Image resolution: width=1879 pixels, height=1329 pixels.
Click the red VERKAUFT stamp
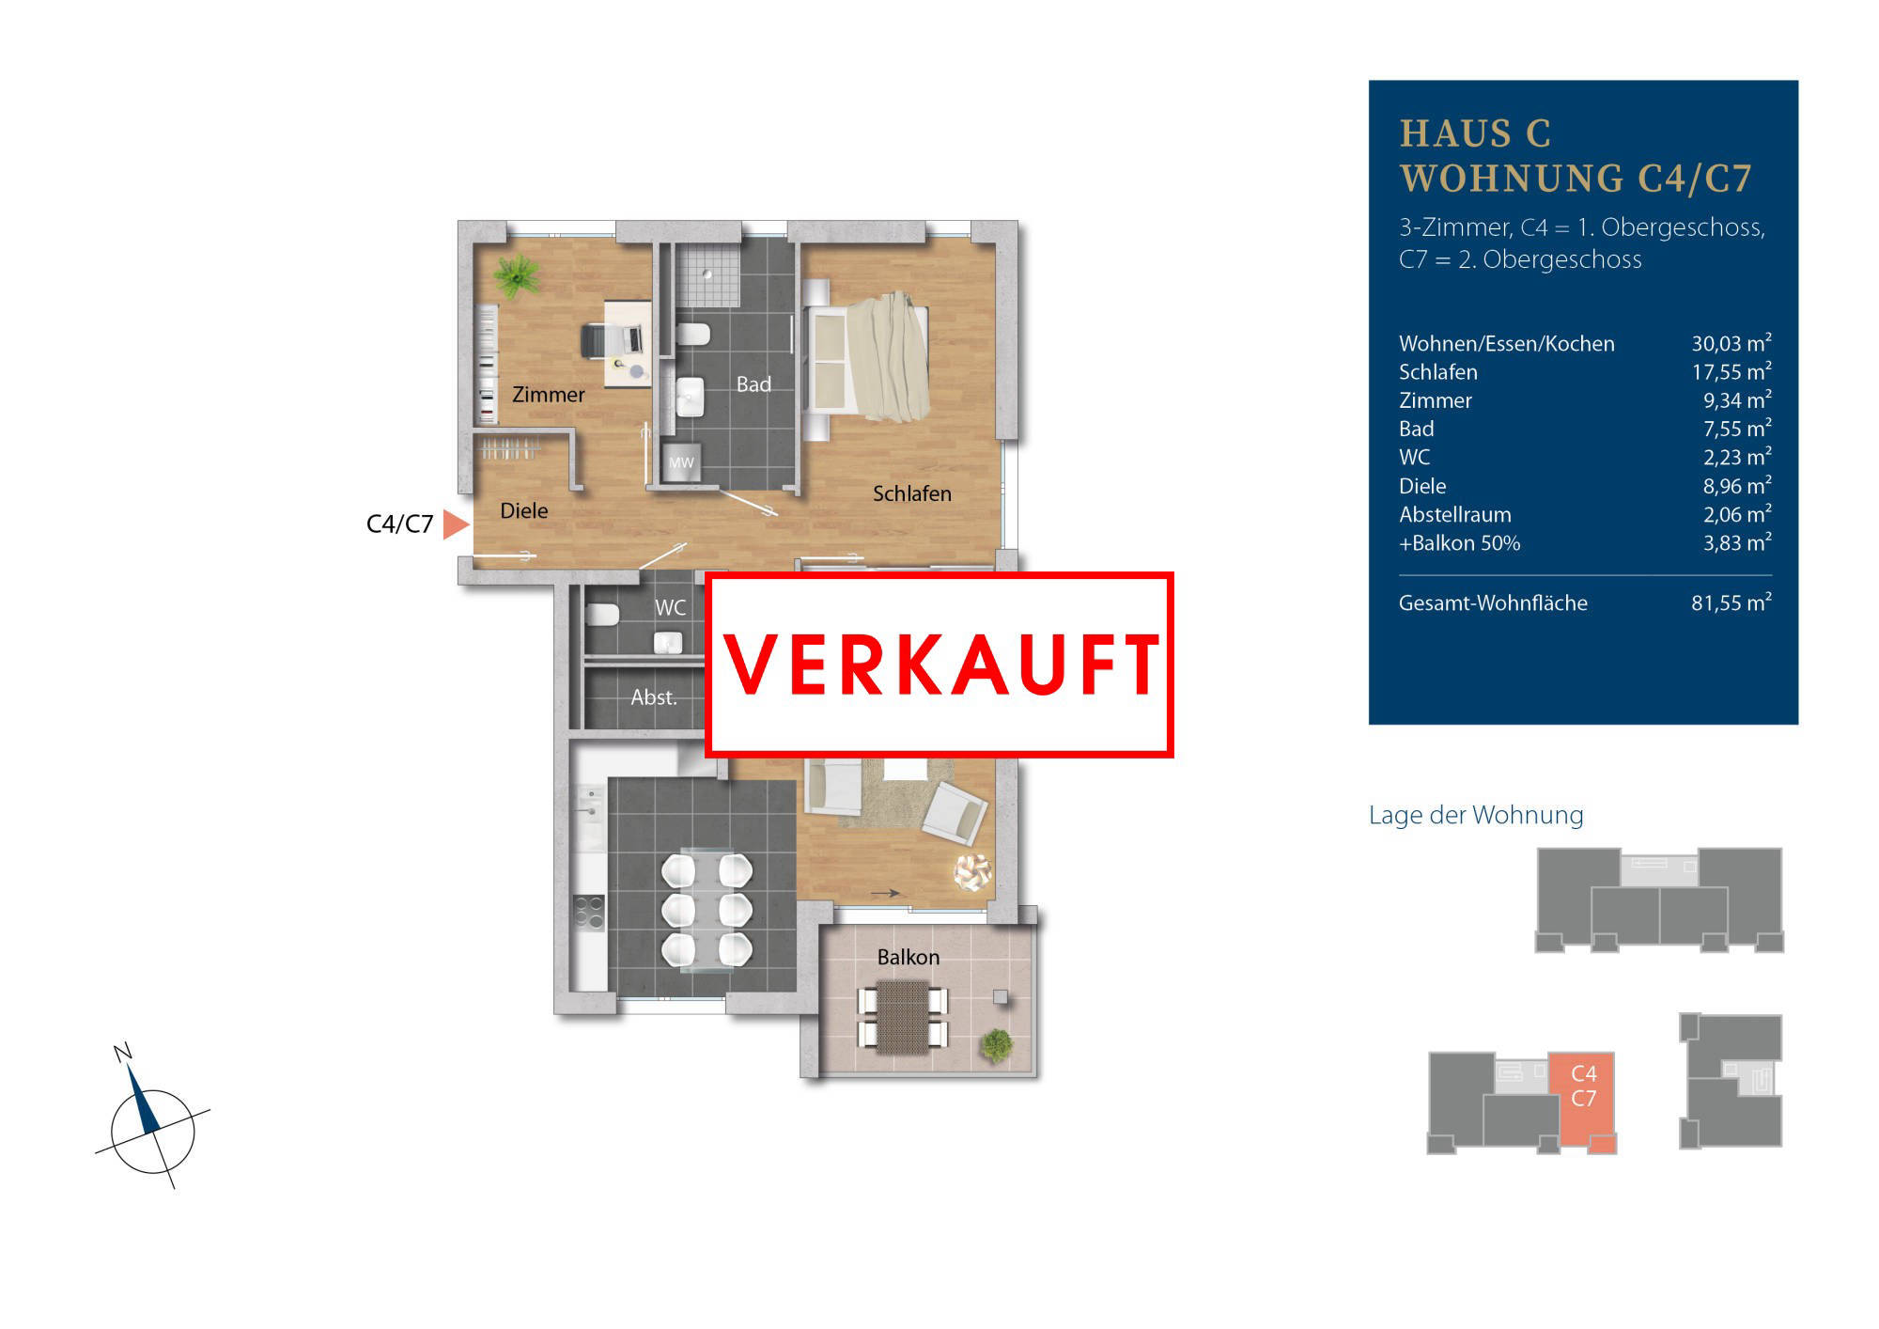(939, 664)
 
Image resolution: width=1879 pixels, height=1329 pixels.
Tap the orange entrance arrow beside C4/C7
(456, 524)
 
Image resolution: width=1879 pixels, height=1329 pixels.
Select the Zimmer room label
(548, 395)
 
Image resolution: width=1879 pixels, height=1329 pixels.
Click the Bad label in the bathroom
(753, 383)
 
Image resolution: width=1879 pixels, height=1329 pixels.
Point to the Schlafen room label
(911, 493)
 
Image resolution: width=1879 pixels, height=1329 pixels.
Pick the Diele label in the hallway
(523, 510)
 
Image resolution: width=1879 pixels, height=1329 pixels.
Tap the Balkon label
(908, 957)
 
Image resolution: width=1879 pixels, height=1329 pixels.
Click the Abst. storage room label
(654, 697)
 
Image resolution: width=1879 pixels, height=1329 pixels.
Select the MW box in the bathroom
(681, 461)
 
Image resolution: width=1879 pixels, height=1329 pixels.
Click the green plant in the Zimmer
(516, 275)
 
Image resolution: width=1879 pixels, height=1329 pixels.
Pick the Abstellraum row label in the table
(1454, 514)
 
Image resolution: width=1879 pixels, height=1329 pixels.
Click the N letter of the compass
(122, 1052)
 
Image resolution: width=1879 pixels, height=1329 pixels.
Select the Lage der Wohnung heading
(1476, 815)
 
